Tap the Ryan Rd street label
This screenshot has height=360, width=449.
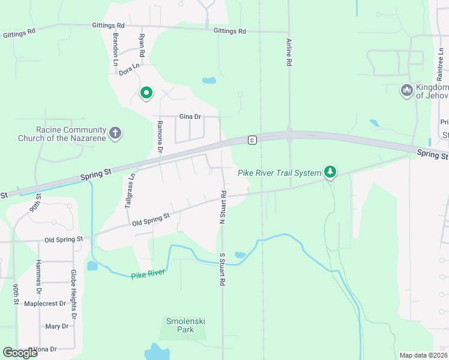[142, 43]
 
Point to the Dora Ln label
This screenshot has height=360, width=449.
[129, 69]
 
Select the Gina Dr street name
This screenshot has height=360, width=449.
[190, 116]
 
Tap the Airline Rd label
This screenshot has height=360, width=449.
[289, 51]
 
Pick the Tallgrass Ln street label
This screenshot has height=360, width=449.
[128, 190]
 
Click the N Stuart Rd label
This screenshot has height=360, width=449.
[222, 208]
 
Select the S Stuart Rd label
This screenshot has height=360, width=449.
[222, 269]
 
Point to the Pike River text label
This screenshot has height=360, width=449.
[148, 275]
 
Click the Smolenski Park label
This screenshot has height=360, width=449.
[185, 325]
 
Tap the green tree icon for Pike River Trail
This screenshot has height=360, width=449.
[330, 172]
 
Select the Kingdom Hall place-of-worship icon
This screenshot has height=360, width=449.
[406, 91]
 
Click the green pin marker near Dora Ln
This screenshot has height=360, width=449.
[146, 93]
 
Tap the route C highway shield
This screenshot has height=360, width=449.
[252, 140]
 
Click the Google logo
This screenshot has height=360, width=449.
[20, 353]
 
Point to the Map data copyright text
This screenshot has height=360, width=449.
[423, 355]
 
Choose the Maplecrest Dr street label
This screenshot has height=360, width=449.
[44, 304]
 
